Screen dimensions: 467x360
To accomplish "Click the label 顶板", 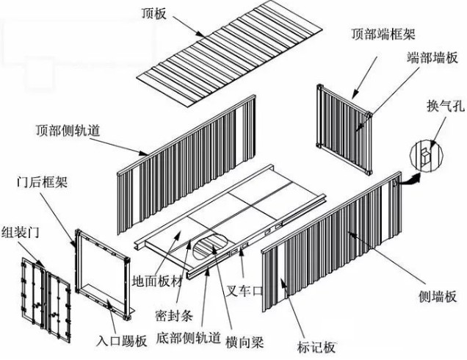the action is coord(153,13).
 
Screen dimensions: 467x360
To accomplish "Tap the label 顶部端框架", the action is coord(383,34).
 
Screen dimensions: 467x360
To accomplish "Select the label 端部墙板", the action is coord(432,57).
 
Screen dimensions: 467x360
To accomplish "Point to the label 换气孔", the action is coord(446,105).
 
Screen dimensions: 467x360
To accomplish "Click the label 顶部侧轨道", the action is coord(68,130).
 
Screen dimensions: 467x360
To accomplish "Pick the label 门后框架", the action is coord(42,181).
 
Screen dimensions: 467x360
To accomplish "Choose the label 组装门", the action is coord(21,232).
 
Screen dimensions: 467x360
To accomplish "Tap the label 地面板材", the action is coord(157,281).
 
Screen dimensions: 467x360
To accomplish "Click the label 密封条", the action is coord(174,315).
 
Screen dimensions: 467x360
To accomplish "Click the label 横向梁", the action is coord(245,342).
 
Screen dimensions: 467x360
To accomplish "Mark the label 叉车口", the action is coord(244,290).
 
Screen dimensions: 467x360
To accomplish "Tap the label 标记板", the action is coord(316,348).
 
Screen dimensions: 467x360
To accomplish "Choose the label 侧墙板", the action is coord(438,297).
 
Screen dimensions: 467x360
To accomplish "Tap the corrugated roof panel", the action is coord(230,53).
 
